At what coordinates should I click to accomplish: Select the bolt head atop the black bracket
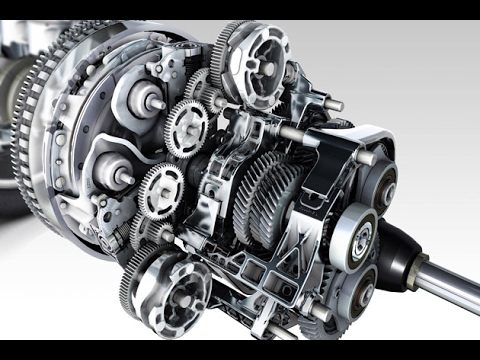[366, 156]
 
